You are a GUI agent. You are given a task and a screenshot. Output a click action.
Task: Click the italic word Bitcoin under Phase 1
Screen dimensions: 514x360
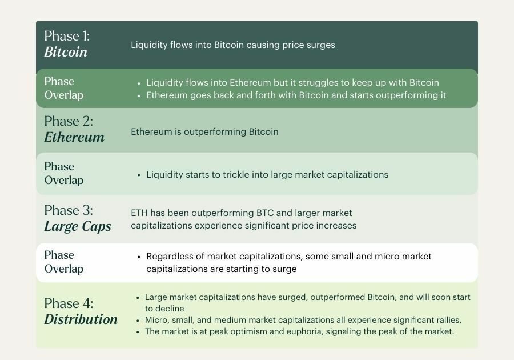(66, 52)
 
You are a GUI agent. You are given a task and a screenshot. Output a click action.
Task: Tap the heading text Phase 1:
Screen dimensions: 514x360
(67, 36)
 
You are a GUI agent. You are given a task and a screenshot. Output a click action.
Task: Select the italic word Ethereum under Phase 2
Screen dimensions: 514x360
(74, 137)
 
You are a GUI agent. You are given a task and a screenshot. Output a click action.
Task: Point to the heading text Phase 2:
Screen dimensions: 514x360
(69, 121)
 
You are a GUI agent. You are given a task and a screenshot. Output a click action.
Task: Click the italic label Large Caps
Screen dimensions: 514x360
(78, 226)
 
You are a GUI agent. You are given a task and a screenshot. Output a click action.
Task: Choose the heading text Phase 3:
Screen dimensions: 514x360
(69, 210)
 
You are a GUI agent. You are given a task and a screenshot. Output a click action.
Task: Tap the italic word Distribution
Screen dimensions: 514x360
(81, 319)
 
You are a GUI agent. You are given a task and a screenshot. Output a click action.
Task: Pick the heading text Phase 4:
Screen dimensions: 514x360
(69, 303)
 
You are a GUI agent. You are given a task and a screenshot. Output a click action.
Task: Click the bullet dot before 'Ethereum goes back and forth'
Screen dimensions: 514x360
(139, 96)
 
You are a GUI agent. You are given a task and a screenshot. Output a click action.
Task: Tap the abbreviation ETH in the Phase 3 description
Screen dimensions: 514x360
(139, 213)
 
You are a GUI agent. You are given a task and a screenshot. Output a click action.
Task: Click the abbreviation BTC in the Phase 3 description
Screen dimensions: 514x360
(265, 213)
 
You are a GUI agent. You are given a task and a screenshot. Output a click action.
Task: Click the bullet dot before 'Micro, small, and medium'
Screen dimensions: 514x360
(138, 321)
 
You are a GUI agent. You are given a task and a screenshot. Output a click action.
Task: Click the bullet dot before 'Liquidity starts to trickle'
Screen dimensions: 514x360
(139, 175)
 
